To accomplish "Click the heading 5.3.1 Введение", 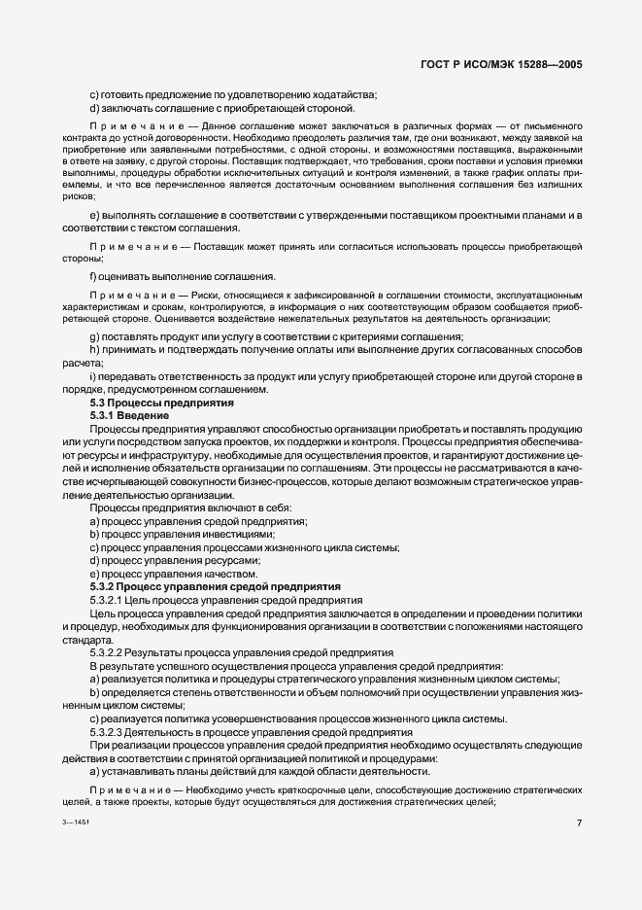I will [129, 415].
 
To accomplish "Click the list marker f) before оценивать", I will [93, 276].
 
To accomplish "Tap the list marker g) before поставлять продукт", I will [94, 335].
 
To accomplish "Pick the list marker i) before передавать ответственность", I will [92, 375].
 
